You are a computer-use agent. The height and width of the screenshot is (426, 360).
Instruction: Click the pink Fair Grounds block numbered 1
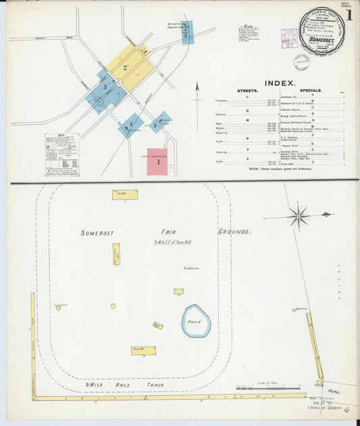(157, 162)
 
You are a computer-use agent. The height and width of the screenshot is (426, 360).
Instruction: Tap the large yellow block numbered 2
(127, 68)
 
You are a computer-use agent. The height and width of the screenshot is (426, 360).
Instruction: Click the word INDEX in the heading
(279, 83)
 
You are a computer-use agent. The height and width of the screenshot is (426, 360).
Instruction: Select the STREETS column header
(247, 90)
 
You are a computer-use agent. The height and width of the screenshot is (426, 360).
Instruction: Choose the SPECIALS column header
(310, 90)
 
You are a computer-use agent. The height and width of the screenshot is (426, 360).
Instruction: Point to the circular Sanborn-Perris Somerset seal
(322, 31)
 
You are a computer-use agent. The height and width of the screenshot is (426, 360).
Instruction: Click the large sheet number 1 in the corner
(349, 14)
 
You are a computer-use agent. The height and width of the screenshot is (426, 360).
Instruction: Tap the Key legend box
(61, 154)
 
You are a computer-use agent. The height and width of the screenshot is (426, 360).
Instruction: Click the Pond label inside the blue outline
(195, 322)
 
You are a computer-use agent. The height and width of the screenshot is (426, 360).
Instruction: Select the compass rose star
(298, 216)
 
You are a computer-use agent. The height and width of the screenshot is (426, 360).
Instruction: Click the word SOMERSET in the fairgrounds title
(97, 233)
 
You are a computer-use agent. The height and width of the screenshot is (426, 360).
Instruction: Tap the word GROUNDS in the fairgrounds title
(234, 232)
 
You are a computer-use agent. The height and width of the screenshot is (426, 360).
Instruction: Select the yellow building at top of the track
(125, 194)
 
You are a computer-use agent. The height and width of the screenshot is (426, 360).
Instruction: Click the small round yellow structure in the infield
(113, 306)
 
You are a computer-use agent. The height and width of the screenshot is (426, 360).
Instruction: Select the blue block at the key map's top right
(187, 32)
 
